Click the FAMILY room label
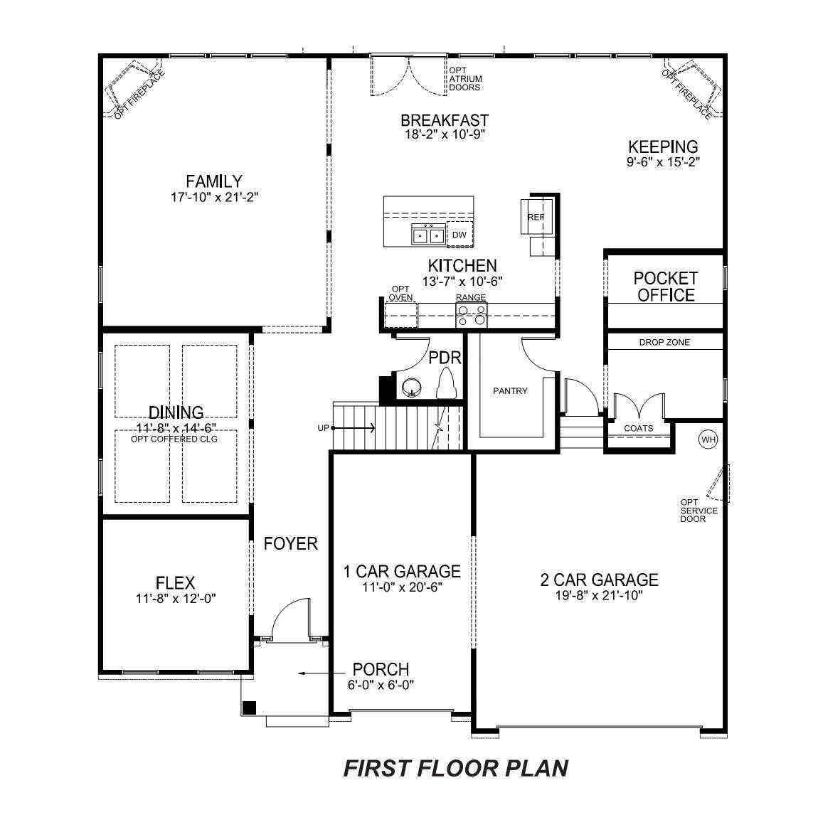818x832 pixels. pyautogui.click(x=213, y=181)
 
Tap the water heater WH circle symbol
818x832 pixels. pyautogui.click(x=708, y=439)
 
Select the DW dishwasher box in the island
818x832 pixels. pyautogui.click(x=460, y=235)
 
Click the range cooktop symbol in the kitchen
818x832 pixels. pyautogui.click(x=472, y=313)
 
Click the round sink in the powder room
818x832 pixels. pyautogui.click(x=411, y=388)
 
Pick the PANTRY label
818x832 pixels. pyautogui.click(x=510, y=390)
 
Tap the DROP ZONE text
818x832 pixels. pyautogui.click(x=664, y=343)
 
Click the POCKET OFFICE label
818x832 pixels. pyautogui.click(x=666, y=287)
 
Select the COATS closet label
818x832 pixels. pyautogui.click(x=638, y=428)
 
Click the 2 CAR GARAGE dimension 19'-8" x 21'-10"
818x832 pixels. pyautogui.click(x=599, y=596)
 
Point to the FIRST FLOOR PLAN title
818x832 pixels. pyautogui.click(x=456, y=769)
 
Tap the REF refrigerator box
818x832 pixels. pyautogui.click(x=536, y=217)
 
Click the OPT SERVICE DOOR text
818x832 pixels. pyautogui.click(x=699, y=511)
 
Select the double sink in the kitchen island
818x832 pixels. pyautogui.click(x=427, y=234)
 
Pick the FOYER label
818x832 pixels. pyautogui.click(x=290, y=544)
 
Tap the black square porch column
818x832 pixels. pyautogui.click(x=249, y=708)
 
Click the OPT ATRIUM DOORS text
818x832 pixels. pyautogui.click(x=465, y=78)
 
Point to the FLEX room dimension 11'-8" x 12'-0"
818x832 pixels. pyautogui.click(x=176, y=599)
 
